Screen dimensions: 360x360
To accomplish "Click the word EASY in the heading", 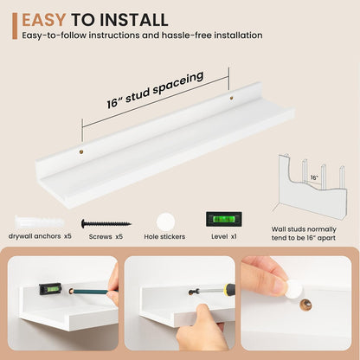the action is (44, 20).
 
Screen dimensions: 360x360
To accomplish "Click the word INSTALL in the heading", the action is (134, 20).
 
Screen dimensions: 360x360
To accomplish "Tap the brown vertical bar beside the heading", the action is (15, 26).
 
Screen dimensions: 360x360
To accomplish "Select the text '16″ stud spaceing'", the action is (155, 90).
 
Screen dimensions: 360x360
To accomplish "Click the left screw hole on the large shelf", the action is (81, 151).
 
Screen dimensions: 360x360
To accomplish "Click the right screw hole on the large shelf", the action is (231, 98).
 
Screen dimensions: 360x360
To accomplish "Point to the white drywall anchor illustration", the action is (40, 222).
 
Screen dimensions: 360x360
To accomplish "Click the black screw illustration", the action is (106, 223).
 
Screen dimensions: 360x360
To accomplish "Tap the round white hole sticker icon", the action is (165, 222).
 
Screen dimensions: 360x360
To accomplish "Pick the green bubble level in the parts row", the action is (224, 219).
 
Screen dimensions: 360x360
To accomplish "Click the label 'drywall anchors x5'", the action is (40, 236).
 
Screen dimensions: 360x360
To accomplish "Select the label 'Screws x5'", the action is (106, 236).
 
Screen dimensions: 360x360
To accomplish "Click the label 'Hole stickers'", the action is (164, 237).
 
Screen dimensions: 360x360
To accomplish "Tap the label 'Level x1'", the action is (224, 236).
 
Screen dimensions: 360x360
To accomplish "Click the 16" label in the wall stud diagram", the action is (314, 177).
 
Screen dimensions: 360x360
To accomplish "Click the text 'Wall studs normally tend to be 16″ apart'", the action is (304, 234).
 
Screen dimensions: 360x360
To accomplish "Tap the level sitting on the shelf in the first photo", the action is (50, 289).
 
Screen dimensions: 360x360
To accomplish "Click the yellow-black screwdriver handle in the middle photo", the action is (229, 289).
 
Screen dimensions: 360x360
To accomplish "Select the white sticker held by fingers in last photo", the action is (295, 288).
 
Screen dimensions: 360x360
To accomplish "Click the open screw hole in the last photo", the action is (305, 305).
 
